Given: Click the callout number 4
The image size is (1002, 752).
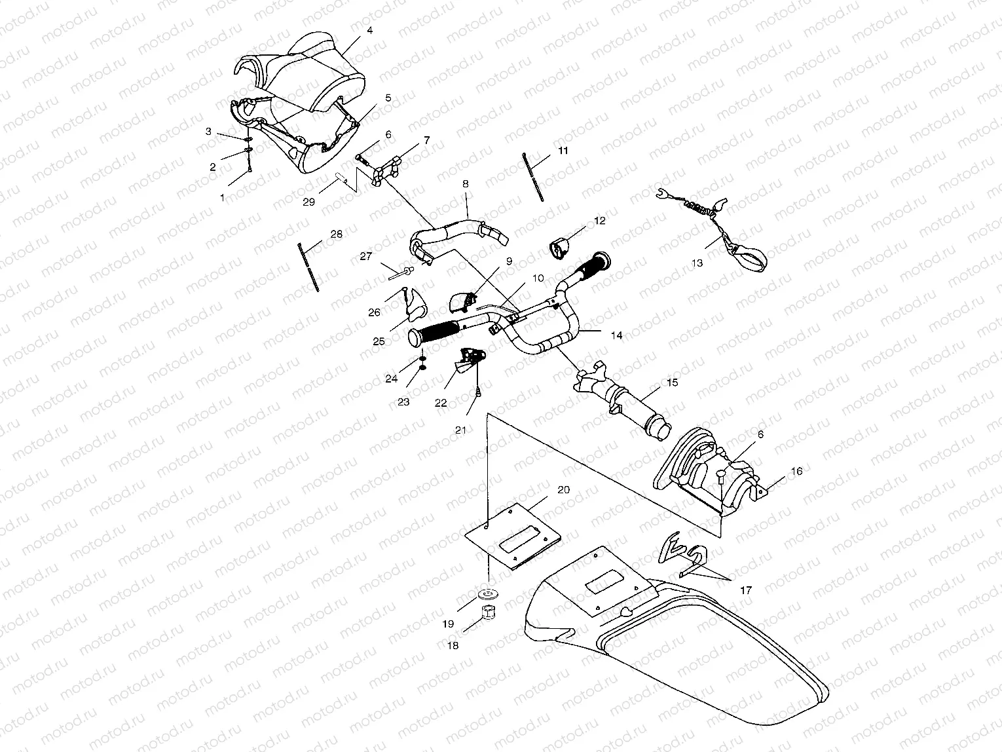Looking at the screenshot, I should tap(370, 31).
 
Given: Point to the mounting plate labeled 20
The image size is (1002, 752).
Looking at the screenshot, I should tap(514, 534).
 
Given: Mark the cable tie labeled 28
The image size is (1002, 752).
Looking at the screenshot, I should tap(308, 267).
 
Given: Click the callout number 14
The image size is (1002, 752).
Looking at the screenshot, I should tap(616, 335).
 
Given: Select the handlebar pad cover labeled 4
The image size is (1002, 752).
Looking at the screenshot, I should tap(308, 72).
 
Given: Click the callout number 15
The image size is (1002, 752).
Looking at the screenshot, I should tap(672, 382).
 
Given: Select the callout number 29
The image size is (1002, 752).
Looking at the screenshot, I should tap(309, 202).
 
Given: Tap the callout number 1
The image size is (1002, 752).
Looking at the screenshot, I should tap(221, 197).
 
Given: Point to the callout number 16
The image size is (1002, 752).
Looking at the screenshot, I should tap(796, 471).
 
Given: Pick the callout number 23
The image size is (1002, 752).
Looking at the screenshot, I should tap(403, 402).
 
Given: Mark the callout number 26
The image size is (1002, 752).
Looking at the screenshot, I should tap(374, 312).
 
